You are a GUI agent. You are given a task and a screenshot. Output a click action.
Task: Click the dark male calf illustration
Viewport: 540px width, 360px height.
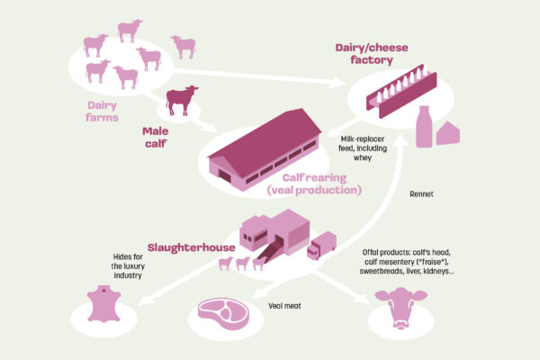(181, 100)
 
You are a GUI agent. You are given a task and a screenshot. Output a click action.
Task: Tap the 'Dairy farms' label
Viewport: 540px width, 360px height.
(102, 112)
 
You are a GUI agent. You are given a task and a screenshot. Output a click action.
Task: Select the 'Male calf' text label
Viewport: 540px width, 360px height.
(156, 137)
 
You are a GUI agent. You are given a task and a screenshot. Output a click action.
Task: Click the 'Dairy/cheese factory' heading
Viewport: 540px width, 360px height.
(372, 54)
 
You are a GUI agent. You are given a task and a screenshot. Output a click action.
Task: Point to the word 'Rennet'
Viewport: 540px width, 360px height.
(421, 194)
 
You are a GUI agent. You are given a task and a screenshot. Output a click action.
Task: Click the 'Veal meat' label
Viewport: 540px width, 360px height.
(284, 306)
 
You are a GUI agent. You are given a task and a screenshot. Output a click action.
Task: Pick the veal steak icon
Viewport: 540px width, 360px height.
(223, 313)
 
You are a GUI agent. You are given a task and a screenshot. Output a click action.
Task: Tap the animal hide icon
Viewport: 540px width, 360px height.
(103, 304)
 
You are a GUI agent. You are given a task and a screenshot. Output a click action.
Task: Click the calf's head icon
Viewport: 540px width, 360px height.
(400, 307)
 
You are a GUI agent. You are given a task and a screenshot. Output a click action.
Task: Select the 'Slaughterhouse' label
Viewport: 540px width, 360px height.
(191, 247)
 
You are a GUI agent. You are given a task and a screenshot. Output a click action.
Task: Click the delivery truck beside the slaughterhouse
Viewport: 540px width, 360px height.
(321, 246)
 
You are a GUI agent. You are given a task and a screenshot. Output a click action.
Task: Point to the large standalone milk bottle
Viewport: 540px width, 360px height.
(424, 126)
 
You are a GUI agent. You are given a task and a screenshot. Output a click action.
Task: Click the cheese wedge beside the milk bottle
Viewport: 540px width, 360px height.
(448, 133)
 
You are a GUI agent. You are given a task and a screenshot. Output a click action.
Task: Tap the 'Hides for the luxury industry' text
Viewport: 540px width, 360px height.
(128, 266)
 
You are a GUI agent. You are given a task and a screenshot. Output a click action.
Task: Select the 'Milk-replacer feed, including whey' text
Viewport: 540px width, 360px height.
(363, 148)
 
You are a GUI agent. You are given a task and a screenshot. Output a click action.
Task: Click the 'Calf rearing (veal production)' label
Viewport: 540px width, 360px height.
(314, 184)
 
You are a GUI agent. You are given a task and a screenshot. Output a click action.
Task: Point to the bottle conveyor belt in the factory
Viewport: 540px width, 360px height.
(401, 91)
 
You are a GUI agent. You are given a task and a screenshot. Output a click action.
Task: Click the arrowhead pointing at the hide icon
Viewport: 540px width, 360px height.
(145, 301)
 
